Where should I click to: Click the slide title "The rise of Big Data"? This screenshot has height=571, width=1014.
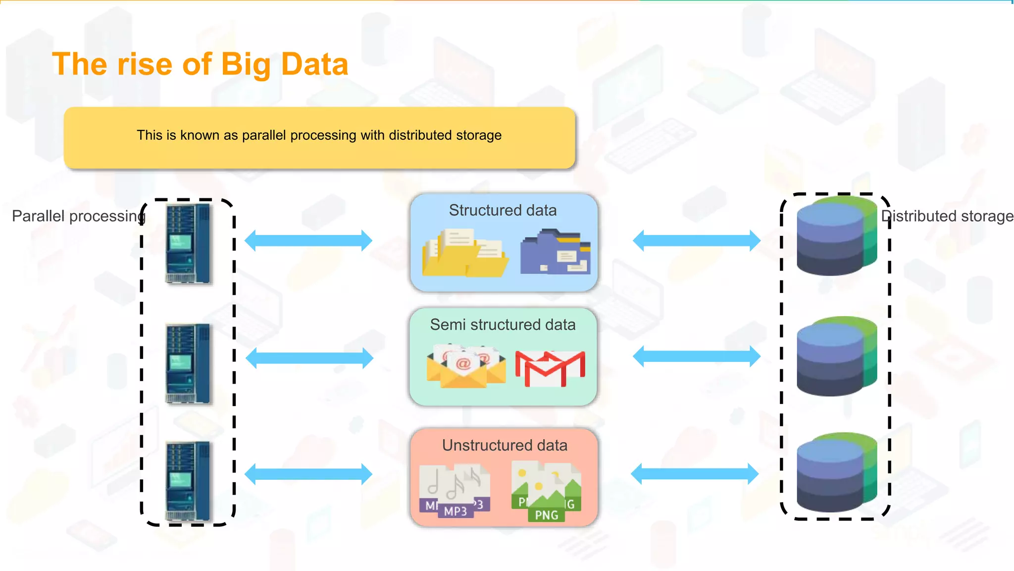tap(200, 64)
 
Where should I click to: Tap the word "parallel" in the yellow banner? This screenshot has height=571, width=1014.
tap(264, 135)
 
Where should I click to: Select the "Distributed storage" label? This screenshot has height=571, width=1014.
tap(947, 216)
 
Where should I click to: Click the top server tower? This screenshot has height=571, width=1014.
tap(188, 244)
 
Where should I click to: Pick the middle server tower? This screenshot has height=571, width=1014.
tap(188, 363)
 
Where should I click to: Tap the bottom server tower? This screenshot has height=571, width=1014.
tap(188, 481)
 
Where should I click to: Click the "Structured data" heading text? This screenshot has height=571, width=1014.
tap(503, 210)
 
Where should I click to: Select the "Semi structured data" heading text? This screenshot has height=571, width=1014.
tap(503, 325)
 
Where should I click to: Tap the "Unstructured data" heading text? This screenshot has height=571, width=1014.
tap(505, 445)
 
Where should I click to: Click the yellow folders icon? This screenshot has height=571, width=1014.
tap(464, 253)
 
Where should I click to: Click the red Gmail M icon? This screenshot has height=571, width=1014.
tap(550, 368)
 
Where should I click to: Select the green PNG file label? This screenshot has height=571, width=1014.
tap(547, 515)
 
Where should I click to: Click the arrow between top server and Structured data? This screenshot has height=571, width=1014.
tap(308, 241)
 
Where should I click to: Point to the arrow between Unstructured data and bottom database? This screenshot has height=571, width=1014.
tap(695, 474)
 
